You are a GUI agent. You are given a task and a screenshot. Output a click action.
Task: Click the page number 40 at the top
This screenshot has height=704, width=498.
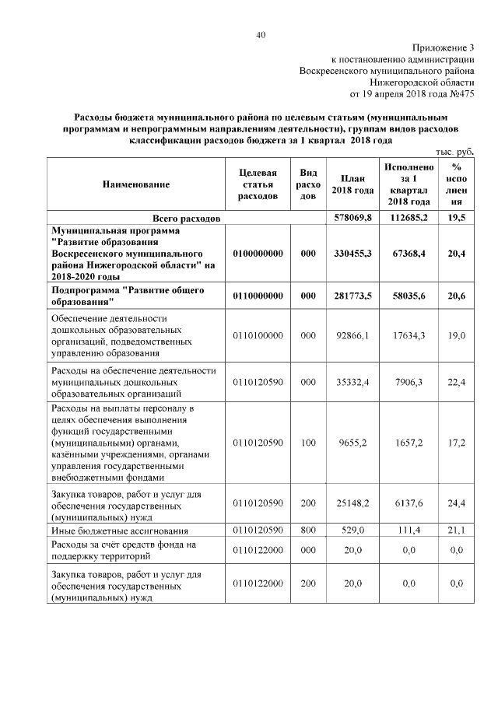tap(261, 34)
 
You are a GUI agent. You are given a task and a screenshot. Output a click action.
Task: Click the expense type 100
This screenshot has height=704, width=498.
tap(308, 442)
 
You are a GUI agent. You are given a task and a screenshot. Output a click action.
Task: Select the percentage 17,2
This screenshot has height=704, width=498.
tap(457, 442)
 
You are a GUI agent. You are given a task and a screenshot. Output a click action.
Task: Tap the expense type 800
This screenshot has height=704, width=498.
tap(308, 531)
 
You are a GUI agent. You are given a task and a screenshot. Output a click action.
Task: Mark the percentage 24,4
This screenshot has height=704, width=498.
tap(457, 504)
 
